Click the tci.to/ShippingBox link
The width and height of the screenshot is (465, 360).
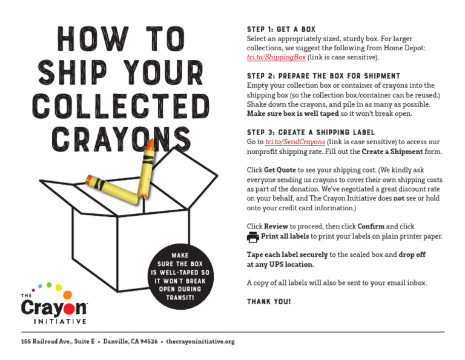pos(276,58)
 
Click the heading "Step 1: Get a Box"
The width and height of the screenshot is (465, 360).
pos(281,29)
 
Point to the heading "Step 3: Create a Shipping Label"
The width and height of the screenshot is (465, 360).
pos(311,132)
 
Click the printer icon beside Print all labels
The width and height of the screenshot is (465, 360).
pos(252,236)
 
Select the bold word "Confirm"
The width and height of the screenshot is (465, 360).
pos(371,226)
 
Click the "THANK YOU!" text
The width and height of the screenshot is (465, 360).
pos(269,301)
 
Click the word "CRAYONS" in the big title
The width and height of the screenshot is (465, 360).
pos(112,138)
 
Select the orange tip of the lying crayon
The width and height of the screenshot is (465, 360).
pos(91,179)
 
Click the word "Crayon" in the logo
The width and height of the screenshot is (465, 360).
pos(54,307)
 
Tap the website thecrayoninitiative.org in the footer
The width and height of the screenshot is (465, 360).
pos(200,342)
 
